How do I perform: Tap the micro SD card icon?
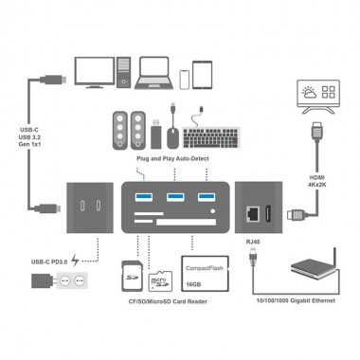pos(160,279)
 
